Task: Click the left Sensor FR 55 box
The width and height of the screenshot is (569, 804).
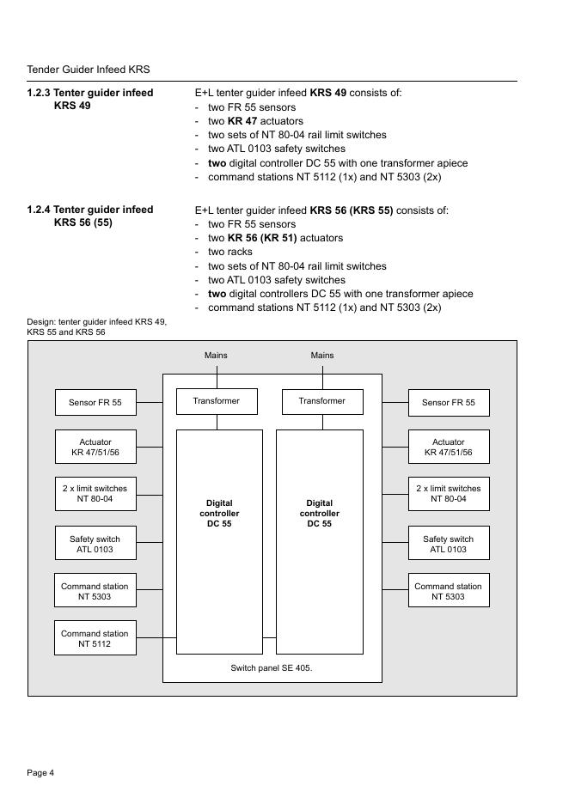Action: click(x=95, y=402)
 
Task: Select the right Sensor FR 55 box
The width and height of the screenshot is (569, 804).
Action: click(x=448, y=402)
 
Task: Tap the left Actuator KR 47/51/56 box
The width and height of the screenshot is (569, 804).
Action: click(x=95, y=447)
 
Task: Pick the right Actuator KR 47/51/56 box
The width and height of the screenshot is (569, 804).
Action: click(x=448, y=447)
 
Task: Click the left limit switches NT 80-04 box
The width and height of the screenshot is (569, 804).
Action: click(x=95, y=493)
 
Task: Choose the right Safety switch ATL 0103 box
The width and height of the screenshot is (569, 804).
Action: click(x=448, y=544)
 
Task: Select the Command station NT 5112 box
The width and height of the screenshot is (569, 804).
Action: click(x=95, y=638)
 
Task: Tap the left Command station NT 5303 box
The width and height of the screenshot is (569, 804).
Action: click(x=95, y=591)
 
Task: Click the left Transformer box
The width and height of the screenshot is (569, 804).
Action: click(x=216, y=401)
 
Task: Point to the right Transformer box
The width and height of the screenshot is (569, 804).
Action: click(x=322, y=401)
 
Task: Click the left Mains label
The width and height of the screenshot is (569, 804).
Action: click(x=216, y=355)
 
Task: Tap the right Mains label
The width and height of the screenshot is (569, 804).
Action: click(x=322, y=355)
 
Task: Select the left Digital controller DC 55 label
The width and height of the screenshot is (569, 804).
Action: click(x=219, y=513)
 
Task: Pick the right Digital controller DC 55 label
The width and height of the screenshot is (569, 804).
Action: click(x=320, y=513)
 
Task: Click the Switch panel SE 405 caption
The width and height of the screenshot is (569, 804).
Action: click(x=272, y=667)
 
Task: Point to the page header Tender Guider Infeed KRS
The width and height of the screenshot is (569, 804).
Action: click(x=89, y=70)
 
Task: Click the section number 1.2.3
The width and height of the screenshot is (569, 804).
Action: click(x=38, y=93)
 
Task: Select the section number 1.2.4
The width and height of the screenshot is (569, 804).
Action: click(x=38, y=210)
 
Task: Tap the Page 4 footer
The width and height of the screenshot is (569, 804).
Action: click(x=40, y=773)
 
